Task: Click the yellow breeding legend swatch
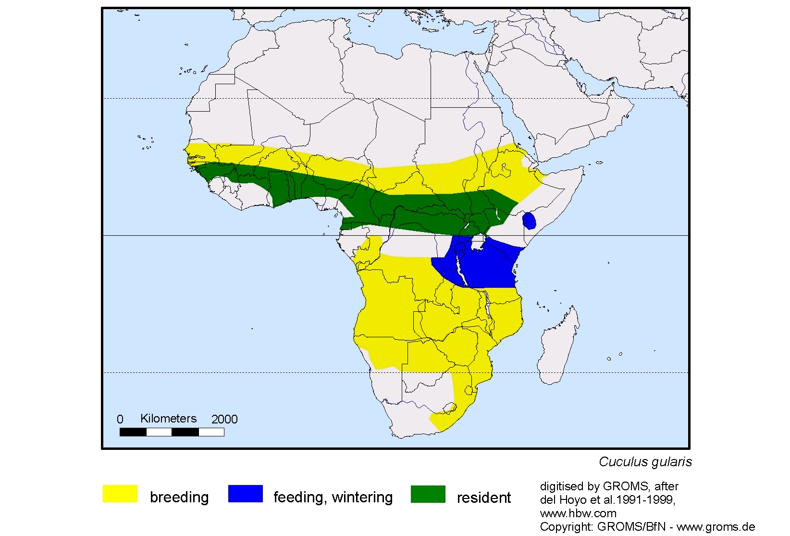120,494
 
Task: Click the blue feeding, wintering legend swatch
245,494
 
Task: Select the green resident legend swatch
428,494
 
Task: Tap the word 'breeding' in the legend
179,497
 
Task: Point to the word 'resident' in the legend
483,497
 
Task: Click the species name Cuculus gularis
645,462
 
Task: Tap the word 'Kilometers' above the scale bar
168,419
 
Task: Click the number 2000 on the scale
224,420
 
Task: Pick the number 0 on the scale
120,420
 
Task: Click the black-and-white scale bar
172,432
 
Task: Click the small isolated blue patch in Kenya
529,220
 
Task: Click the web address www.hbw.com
578,513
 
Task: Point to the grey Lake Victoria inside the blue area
478,244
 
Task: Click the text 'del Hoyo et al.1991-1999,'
607,500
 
